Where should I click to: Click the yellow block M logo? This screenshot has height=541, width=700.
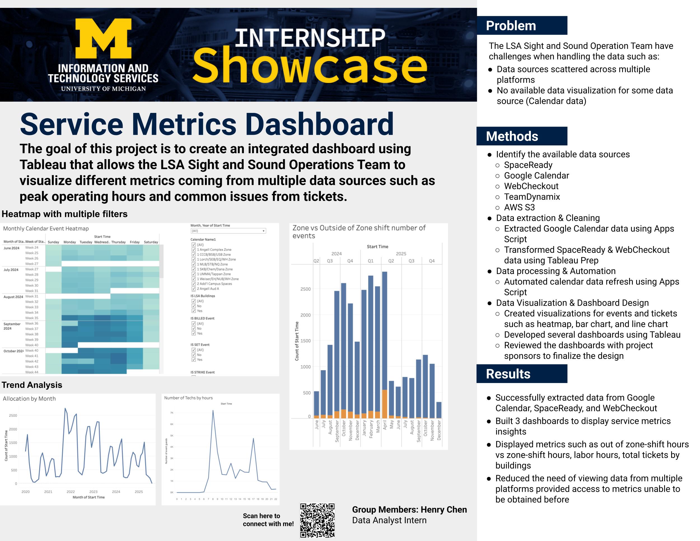[104, 38]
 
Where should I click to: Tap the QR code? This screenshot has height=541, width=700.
[317, 520]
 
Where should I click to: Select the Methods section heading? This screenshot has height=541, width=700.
[512, 136]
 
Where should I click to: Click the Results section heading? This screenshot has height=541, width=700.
[508, 374]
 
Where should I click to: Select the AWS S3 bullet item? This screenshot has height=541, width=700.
[519, 208]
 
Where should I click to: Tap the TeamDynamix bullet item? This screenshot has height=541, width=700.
[532, 197]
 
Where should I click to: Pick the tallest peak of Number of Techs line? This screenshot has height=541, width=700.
[213, 411]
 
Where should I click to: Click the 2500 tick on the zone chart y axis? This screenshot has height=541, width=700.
[305, 289]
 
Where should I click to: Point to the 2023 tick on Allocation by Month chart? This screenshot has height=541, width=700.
[93, 492]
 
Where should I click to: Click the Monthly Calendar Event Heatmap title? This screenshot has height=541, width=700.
[46, 229]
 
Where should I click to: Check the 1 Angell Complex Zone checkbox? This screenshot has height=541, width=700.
[193, 250]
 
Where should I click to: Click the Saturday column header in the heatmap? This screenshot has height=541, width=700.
[151, 242]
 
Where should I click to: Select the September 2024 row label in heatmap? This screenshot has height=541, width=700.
[12, 326]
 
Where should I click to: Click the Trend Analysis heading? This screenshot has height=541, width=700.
[32, 385]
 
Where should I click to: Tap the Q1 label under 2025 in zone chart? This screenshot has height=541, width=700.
[370, 261]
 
